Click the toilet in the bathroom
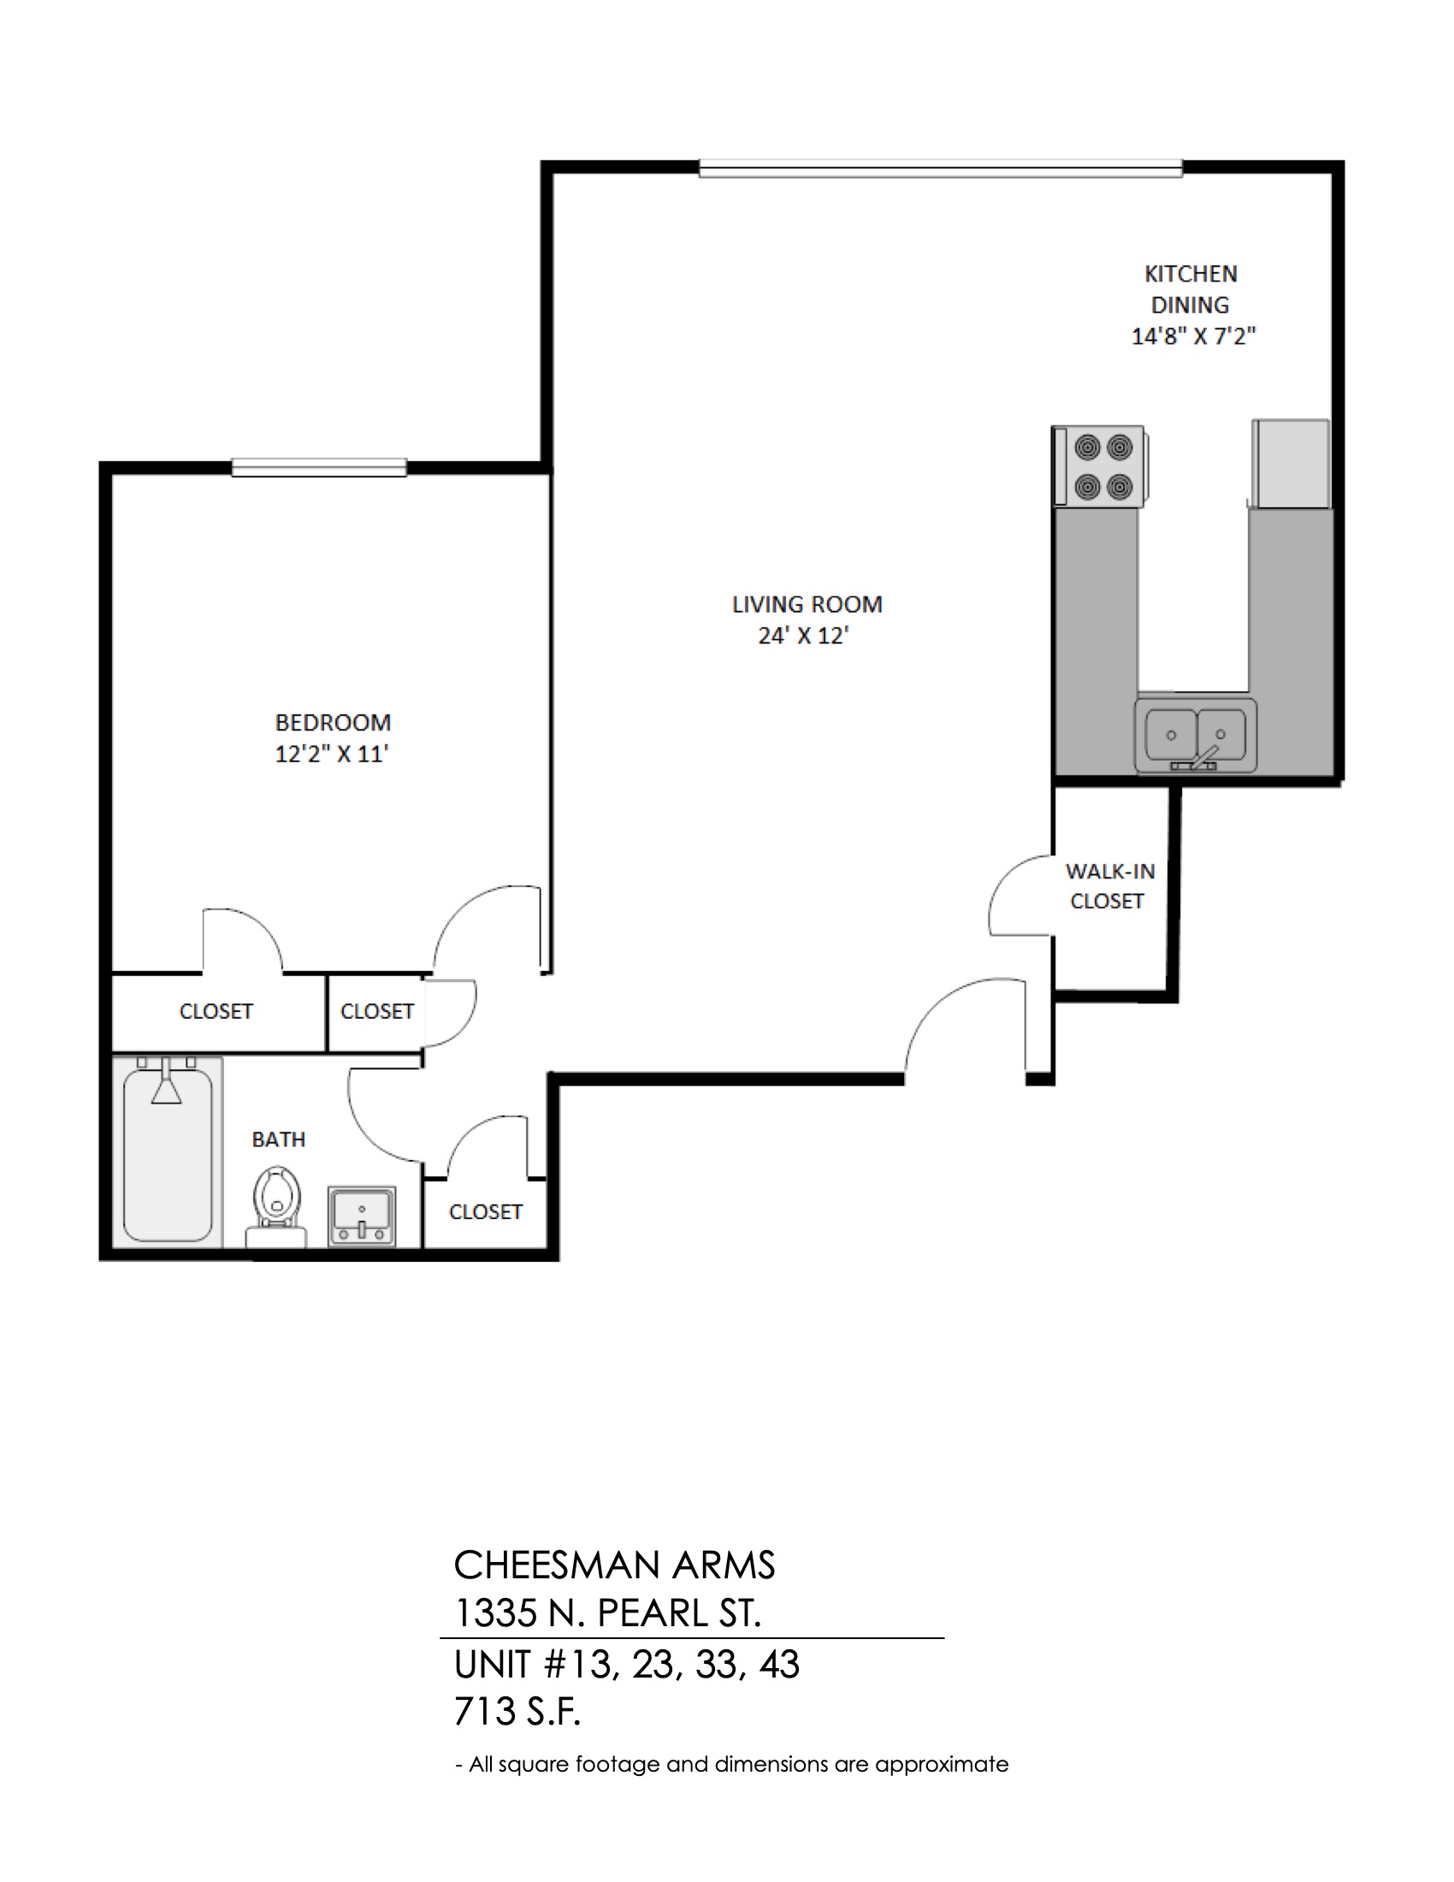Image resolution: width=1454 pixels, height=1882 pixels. coord(276,1206)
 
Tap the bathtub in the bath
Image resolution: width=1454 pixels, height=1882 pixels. coord(168,1152)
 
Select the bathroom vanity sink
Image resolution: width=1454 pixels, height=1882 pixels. coord(362,1216)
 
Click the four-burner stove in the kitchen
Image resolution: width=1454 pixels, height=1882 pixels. coord(1099,466)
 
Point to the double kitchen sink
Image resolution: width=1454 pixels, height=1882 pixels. coord(1196,734)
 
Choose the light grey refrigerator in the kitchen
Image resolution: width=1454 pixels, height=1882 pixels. coord(1291,464)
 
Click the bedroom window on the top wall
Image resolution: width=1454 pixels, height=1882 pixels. coord(319,467)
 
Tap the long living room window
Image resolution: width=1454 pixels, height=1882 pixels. coord(941,168)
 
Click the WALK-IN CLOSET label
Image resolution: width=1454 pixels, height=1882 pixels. coord(1108,886)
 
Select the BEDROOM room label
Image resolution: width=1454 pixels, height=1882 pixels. coord(333,722)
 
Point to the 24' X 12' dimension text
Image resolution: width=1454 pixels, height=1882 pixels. coord(804,636)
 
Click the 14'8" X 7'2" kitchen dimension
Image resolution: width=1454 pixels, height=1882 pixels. coord(1193,336)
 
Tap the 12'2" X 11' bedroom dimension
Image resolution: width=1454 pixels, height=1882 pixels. coord(332,754)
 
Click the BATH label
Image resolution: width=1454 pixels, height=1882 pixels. coord(278,1139)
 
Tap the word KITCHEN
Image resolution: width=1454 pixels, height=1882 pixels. coord(1191,274)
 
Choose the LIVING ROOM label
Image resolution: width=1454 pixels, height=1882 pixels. coord(807,604)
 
